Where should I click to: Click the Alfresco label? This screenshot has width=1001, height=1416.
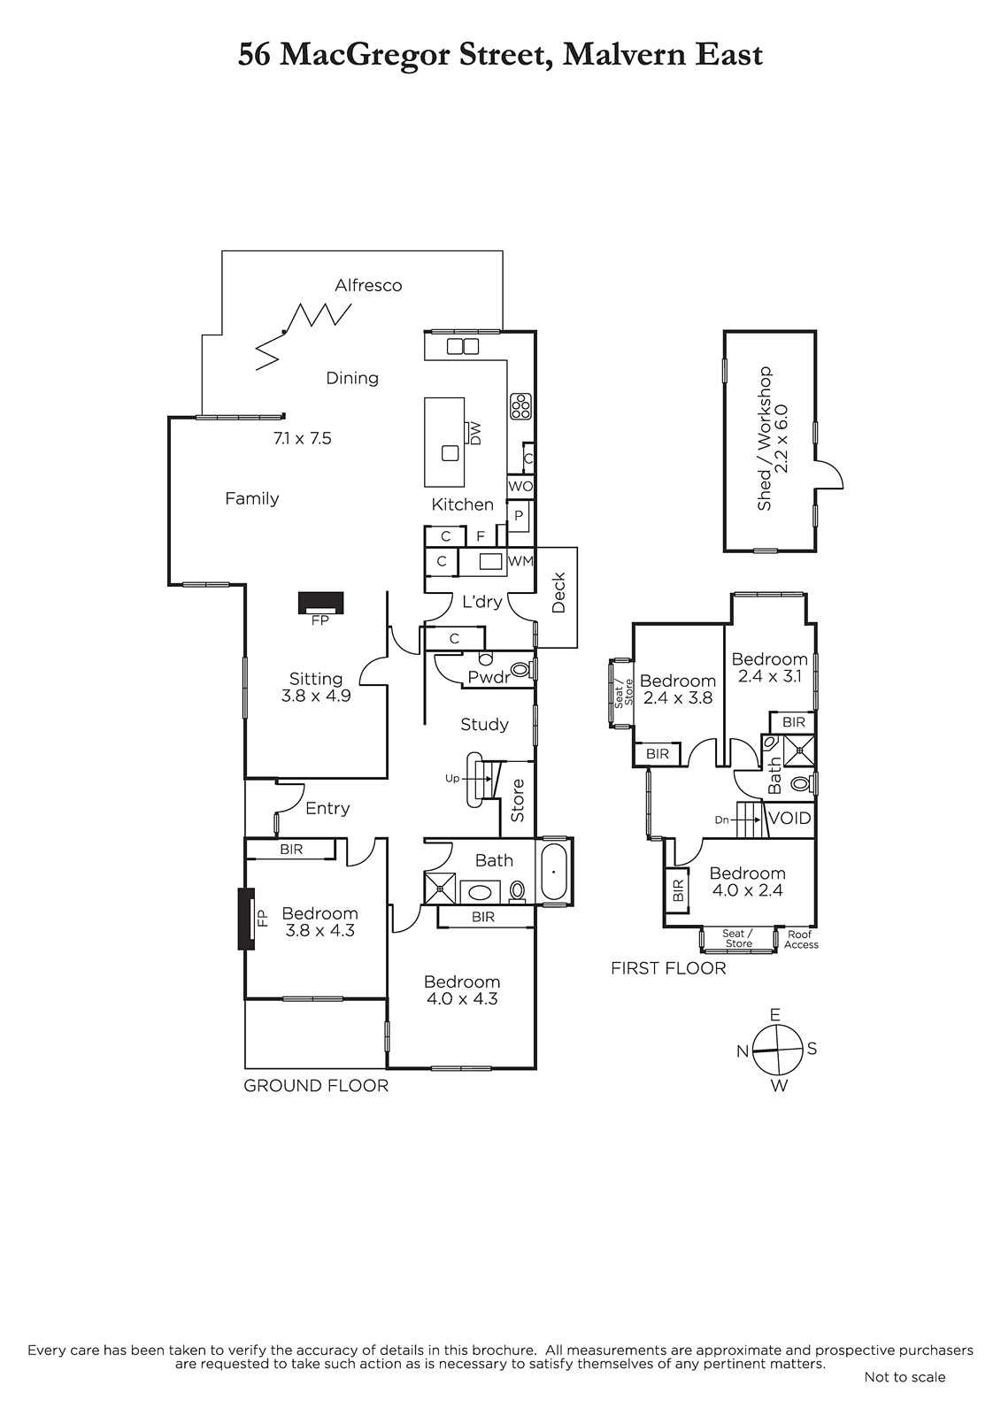pos(368,285)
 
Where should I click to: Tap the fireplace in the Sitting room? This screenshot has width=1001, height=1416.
pos(320,603)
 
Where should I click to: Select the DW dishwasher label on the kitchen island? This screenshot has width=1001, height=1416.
pos(475,433)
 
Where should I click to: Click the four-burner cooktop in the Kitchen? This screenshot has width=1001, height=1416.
pos(521,406)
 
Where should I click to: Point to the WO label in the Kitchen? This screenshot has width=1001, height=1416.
pos(520,486)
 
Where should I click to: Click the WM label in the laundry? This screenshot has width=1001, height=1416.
pos(520,561)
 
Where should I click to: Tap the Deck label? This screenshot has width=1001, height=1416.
pos(558,593)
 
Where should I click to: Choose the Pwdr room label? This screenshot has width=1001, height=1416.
pos(489,678)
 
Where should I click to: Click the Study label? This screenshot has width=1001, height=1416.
pos(484,725)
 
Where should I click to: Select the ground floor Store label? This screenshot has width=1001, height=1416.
pos(517,800)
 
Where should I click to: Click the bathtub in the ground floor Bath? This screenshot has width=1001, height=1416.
pos(554,872)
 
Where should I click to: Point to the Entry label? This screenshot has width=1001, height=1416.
pos(327,809)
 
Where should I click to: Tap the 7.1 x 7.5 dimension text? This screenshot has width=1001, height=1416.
pos(303,438)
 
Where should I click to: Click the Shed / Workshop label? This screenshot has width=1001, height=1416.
pos(766,439)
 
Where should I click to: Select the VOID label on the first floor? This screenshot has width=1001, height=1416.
pos(789,818)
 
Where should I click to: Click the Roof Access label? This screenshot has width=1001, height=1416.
pos(801,939)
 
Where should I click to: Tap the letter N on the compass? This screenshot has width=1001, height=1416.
pos(743,1051)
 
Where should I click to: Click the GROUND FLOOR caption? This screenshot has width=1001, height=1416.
pos(316,1086)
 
